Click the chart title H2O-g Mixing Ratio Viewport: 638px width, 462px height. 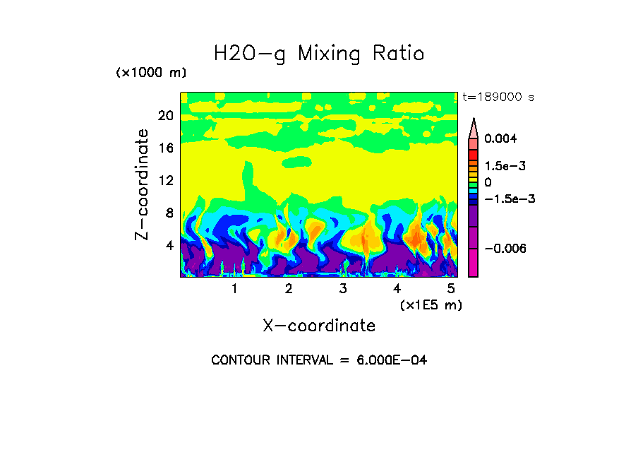(319, 54)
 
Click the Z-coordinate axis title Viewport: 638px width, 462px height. (143, 184)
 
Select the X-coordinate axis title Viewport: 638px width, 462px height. (319, 326)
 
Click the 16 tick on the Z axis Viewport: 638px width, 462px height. (166, 148)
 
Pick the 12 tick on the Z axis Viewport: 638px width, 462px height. (166, 180)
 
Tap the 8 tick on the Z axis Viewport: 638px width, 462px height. (169, 213)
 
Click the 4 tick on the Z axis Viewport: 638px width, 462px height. (169, 245)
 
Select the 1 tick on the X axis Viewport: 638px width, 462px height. (234, 288)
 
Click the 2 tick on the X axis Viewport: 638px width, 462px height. (289, 288)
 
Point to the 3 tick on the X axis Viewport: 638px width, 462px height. (343, 288)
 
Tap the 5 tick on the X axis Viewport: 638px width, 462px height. (451, 288)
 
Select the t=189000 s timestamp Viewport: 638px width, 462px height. (498, 97)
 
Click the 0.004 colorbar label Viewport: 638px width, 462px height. (501, 139)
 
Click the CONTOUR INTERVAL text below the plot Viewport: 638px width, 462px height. (319, 360)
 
